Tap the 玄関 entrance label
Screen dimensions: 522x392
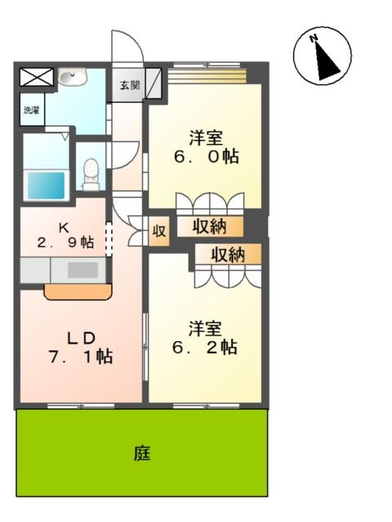point(129,84)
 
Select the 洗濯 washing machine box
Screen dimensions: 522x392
point(30,110)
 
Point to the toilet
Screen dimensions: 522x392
point(91,170)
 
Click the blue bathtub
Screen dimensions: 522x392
point(47,183)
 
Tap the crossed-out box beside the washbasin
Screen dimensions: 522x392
point(35,78)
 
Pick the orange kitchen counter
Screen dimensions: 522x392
point(77,290)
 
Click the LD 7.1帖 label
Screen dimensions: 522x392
point(79,347)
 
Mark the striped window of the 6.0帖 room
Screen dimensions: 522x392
point(208,75)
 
